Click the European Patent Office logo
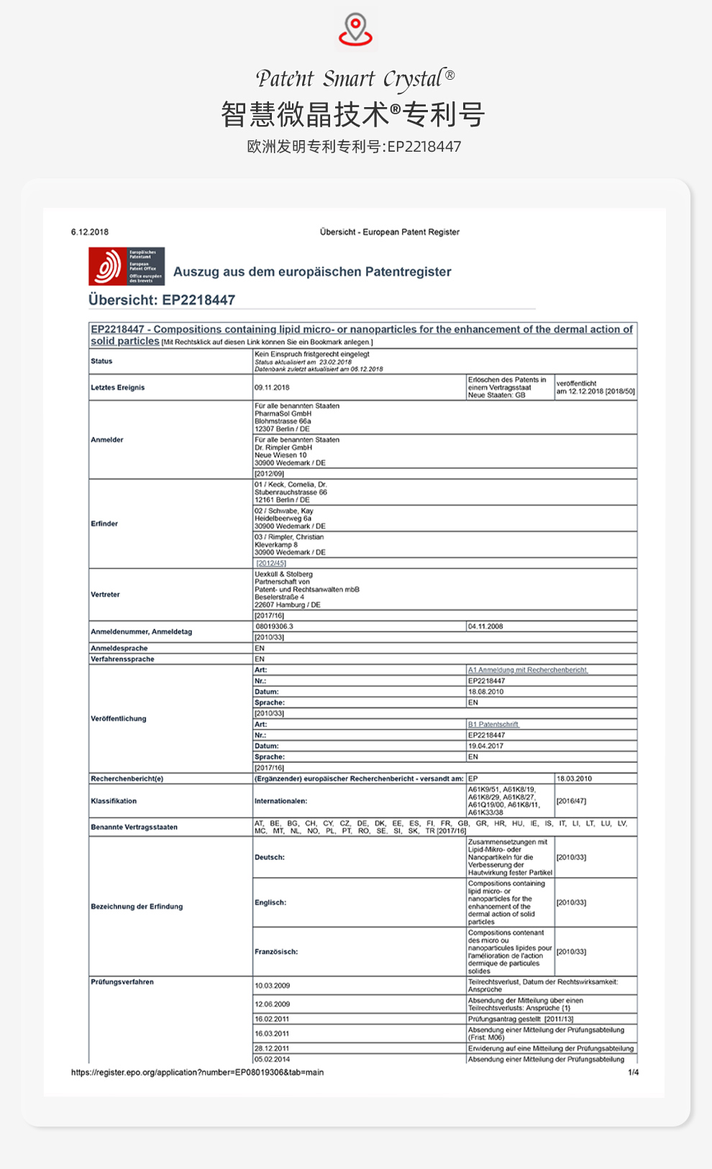127,267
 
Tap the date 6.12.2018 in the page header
90,232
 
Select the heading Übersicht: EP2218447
162,300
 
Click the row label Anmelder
107,440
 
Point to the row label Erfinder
104,523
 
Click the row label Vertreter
105,595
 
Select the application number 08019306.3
275,626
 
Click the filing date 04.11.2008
485,626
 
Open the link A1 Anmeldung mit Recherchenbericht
527,670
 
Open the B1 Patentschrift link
493,725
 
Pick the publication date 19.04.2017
485,746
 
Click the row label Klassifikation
114,801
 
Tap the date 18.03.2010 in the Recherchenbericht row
574,779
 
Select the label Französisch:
275,952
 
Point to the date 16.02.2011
272,1019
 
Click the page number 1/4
633,1073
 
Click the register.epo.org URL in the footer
197,1073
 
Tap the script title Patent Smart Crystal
355,78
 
